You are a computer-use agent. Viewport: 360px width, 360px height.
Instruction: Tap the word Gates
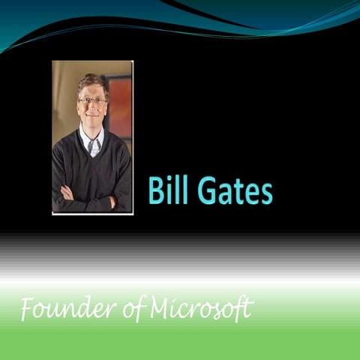(x=232, y=191)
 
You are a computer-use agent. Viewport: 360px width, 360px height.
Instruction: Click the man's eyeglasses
(x=92, y=100)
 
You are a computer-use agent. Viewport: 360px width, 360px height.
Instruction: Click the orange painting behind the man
(x=120, y=105)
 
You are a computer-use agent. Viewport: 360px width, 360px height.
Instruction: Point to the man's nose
(x=92, y=108)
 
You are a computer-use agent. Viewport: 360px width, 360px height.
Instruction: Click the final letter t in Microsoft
(x=248, y=307)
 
